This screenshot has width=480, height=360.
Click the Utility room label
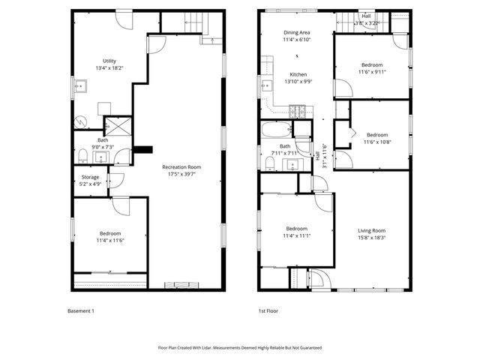tap(109, 61)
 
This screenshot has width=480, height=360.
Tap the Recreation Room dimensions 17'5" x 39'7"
tap(182, 174)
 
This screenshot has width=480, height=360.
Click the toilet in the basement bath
tap(82, 156)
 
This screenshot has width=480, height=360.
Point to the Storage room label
tap(90, 177)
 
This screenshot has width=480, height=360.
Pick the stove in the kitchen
tap(298, 112)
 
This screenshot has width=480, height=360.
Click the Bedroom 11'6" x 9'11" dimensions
tap(371, 72)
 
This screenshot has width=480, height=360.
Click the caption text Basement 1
tap(81, 310)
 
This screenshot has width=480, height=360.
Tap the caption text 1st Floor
tap(268, 310)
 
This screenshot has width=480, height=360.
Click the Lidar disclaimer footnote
tap(239, 347)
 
